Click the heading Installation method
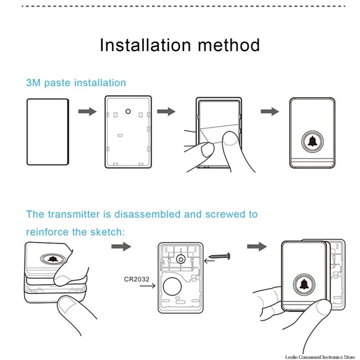coord(180,45)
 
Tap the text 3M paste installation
coord(76,83)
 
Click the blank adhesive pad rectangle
coord(47,132)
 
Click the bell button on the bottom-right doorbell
coord(303,285)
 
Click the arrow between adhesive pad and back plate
coord(87,111)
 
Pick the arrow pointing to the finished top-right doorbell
coord(270,111)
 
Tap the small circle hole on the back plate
coord(128,111)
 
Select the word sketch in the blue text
coord(106,232)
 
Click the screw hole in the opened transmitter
coord(181,259)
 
